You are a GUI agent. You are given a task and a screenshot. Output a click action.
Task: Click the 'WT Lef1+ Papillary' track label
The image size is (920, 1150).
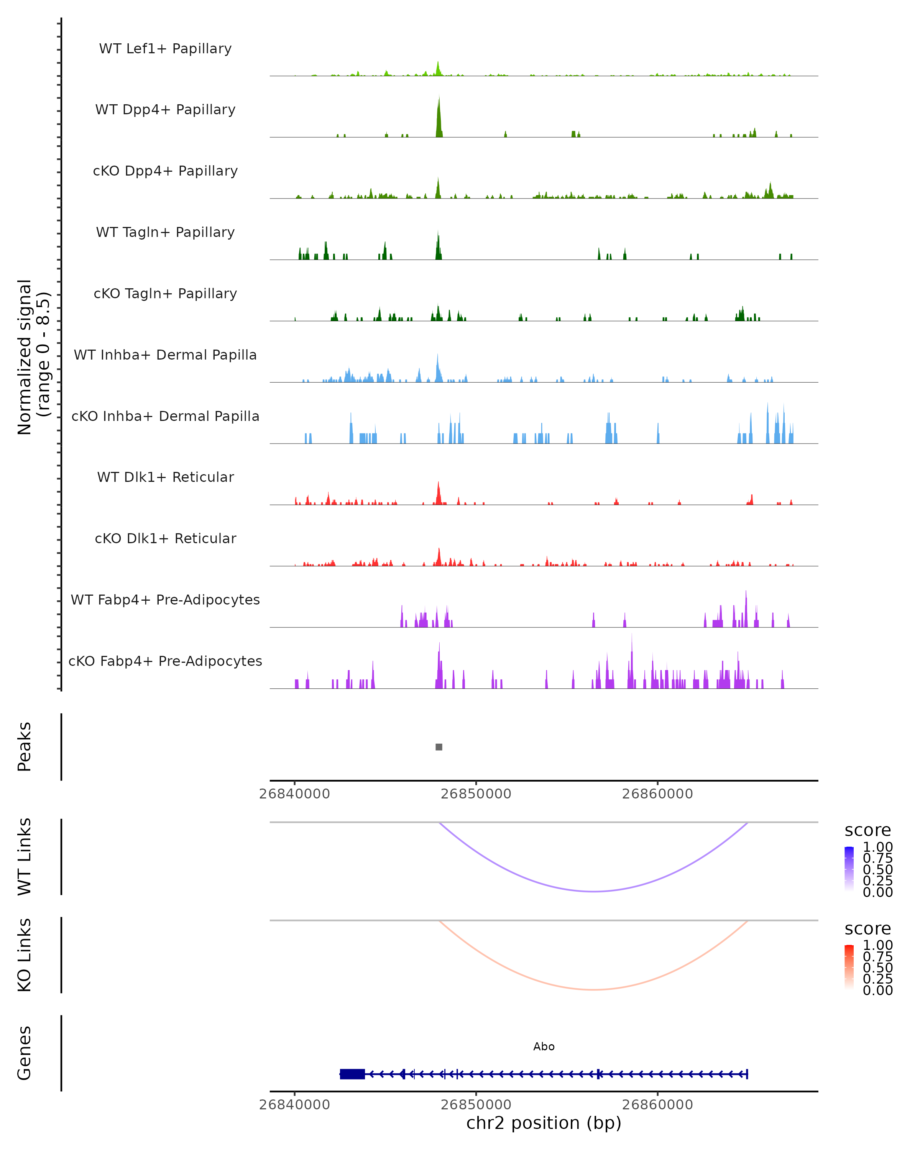coord(165,49)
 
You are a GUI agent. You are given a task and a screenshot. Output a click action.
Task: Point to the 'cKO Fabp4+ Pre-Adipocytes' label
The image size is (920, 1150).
coord(165,661)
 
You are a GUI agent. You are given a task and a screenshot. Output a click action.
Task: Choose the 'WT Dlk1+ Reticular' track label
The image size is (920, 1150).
coord(165,477)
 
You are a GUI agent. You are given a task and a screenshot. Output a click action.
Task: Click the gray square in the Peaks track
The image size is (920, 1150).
coord(439,747)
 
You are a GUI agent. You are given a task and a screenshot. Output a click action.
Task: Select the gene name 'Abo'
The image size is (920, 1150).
coord(544,1046)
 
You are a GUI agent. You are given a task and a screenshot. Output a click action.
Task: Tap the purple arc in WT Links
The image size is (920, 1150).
coord(594,891)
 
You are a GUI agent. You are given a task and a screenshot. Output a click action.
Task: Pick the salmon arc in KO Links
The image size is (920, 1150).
coord(594,989)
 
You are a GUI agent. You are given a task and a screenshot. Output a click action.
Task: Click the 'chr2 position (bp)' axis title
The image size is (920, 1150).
coord(544,1123)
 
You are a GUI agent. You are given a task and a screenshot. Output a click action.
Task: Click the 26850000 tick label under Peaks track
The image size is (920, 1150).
coord(476,794)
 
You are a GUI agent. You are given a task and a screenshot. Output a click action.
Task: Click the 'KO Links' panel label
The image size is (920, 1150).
coord(25,955)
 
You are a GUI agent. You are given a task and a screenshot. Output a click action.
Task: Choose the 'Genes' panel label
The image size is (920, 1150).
coord(25,1053)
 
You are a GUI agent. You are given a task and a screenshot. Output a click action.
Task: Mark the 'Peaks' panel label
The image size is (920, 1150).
coord(25,747)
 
